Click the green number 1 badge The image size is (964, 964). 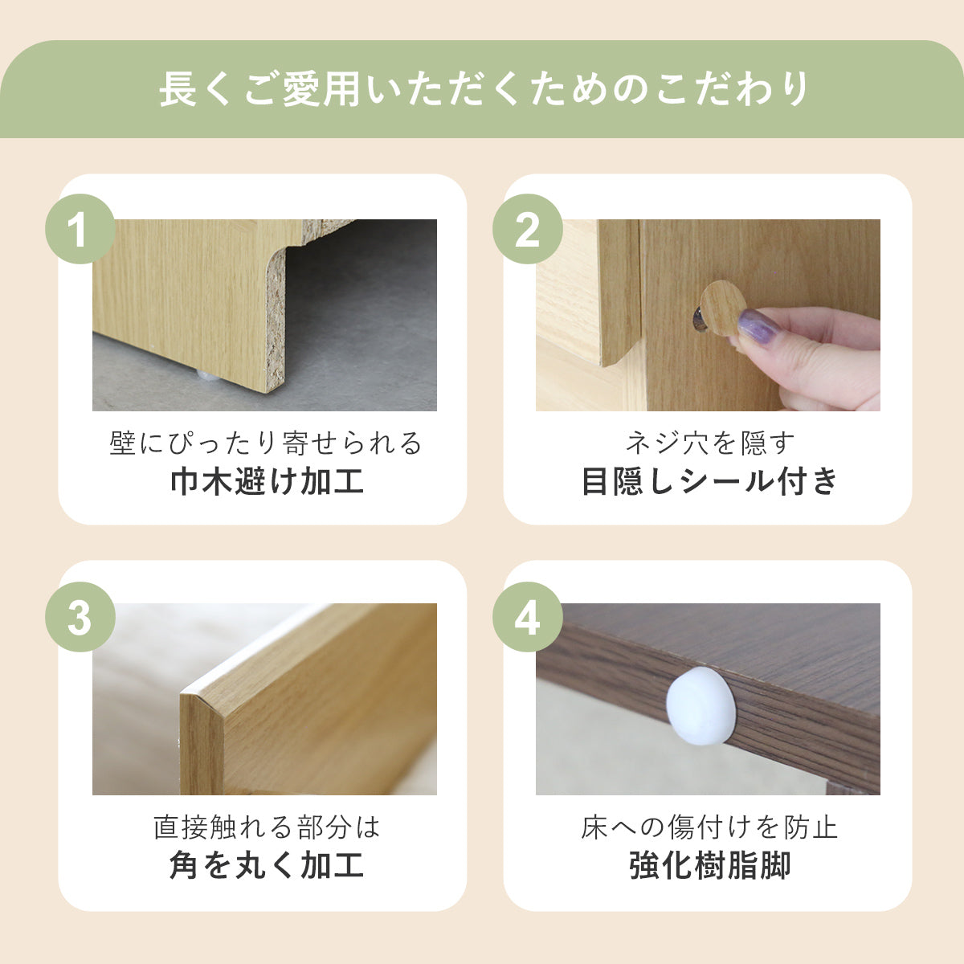[x=80, y=229]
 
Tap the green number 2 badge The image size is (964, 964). [x=528, y=229]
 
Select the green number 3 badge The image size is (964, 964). [x=80, y=617]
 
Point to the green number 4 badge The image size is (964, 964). [x=528, y=617]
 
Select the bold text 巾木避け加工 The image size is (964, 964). [x=268, y=481]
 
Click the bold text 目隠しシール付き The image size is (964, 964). [x=709, y=481]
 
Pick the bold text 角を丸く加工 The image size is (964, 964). [x=267, y=865]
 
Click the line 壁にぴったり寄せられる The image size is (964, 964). [x=266, y=443]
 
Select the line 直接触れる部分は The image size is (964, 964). [x=267, y=827]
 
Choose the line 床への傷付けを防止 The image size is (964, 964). [x=709, y=827]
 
